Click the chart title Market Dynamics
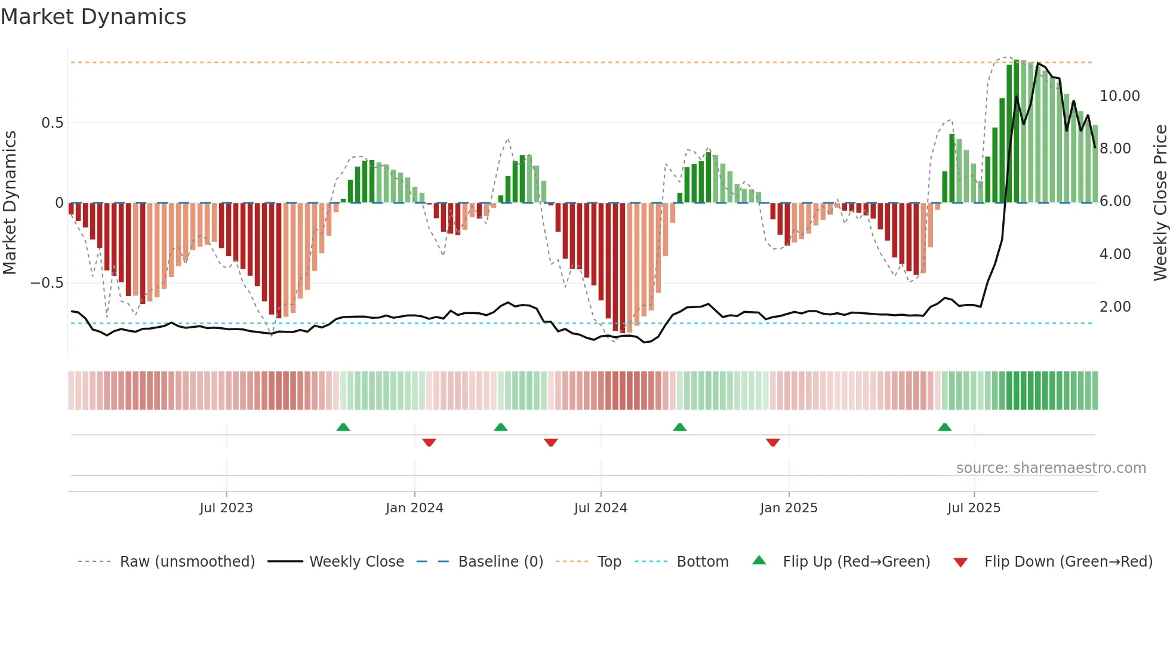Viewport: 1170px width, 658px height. coord(93,17)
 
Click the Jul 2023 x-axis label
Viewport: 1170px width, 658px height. coord(226,508)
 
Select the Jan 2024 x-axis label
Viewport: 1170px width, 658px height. coord(414,508)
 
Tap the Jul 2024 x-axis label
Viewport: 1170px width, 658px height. coord(601,508)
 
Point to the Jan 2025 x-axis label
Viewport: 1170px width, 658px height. coord(789,508)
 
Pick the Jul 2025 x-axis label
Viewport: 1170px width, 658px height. coord(974,508)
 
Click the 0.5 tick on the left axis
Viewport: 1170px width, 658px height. coord(52,123)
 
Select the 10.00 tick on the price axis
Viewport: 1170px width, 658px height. coord(1119,96)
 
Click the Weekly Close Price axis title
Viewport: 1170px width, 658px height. coord(1160,203)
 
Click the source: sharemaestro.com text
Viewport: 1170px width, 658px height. coord(1051,468)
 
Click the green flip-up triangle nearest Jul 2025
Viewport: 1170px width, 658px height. coord(944,427)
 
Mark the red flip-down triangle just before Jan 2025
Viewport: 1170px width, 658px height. coord(772,442)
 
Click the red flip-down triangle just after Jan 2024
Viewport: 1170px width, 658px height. coord(429,442)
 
